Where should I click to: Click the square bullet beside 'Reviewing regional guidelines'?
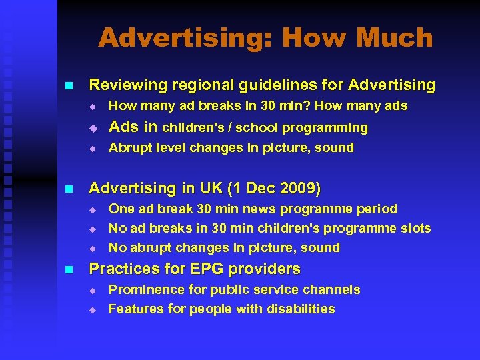67,86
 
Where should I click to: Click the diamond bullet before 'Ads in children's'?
94,127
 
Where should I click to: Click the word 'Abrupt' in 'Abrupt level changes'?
130,148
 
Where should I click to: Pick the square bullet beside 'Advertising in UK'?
67,189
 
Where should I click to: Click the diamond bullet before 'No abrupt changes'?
94,248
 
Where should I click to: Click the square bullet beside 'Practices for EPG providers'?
67,270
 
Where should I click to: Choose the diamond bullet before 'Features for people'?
94,309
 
